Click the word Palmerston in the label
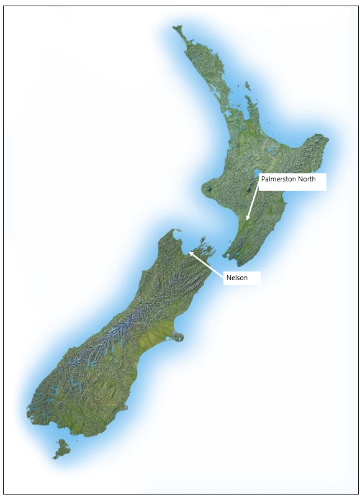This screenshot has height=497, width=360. tap(277, 180)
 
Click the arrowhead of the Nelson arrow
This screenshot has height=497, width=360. tap(190, 252)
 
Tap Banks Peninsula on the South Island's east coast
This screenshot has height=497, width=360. tap(178, 337)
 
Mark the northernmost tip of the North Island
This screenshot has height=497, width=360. tap(176, 27)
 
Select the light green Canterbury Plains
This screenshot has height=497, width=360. tap(152, 342)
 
